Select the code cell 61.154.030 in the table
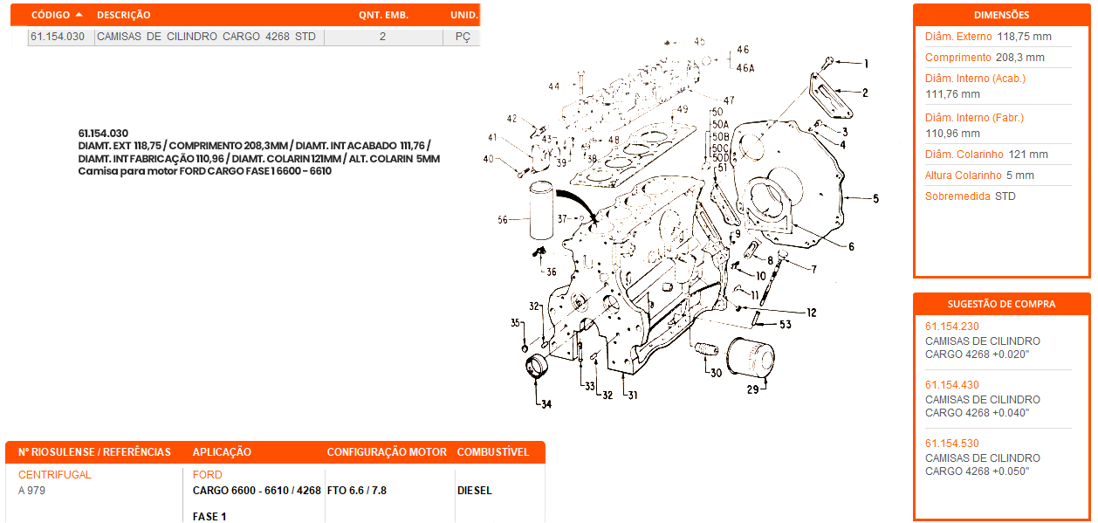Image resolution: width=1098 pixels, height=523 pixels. pos(58,37)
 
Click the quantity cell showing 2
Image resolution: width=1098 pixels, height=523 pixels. pos(382,37)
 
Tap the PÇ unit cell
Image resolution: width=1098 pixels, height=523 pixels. pos(463,37)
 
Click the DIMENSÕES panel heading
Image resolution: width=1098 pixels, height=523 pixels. pos(1001,15)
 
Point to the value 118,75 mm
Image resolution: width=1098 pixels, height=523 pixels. pos(1024,37)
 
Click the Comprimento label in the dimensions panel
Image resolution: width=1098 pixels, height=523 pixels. pos(957,58)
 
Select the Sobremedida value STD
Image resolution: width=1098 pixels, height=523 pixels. pos(1005,196)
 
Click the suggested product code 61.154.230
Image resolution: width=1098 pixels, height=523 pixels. pos(952,327)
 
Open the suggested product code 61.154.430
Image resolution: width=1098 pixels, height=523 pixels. pos(952,385)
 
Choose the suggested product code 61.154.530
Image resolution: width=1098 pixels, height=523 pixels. pos(952,444)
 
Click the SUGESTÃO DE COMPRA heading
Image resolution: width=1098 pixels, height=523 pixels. pos(1001,304)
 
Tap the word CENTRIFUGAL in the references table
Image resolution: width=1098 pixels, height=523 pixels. pos(55,475)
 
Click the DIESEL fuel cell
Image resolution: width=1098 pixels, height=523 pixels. pos(475,491)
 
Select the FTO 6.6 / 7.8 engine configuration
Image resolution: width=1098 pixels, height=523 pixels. pos(357,491)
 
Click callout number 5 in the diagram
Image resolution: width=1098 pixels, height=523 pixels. pos(875,199)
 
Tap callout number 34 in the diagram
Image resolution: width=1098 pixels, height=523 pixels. pos(546,404)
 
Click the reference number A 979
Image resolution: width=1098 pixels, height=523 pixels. pos(31,491)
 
